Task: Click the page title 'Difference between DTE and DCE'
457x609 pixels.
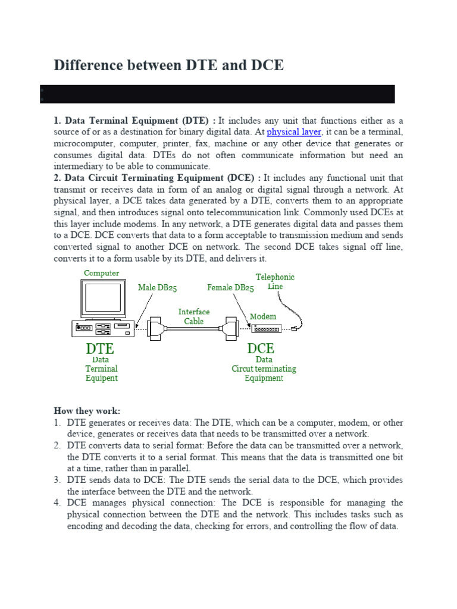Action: (x=168, y=65)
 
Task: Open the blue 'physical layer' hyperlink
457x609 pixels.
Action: (x=294, y=132)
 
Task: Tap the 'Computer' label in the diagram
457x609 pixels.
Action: (x=101, y=273)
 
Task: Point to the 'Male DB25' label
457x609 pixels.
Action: (x=158, y=288)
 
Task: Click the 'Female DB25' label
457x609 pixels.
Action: (x=230, y=288)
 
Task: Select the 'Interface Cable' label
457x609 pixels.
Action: (x=194, y=316)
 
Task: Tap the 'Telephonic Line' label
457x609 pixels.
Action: (x=275, y=281)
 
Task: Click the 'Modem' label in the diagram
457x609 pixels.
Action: (x=263, y=316)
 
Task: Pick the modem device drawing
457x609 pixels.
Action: (x=265, y=328)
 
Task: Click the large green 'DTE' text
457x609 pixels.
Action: (x=100, y=348)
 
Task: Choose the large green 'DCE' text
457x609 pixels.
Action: (x=261, y=348)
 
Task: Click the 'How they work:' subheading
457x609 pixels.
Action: (x=87, y=411)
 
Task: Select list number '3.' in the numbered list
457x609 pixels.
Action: (x=58, y=480)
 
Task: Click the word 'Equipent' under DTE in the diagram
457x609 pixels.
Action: (x=101, y=378)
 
